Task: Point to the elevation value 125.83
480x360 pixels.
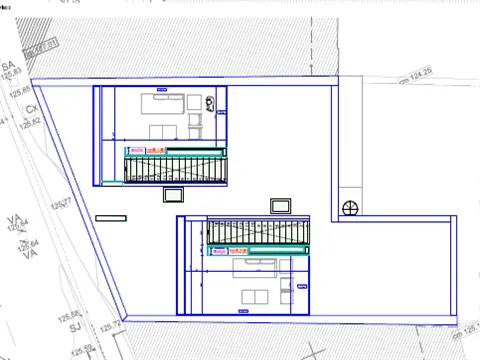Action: point(13,74)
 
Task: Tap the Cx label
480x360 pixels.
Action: point(31,108)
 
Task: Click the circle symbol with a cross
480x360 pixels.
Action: point(350,208)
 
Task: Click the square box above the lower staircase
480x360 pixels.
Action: point(281,204)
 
